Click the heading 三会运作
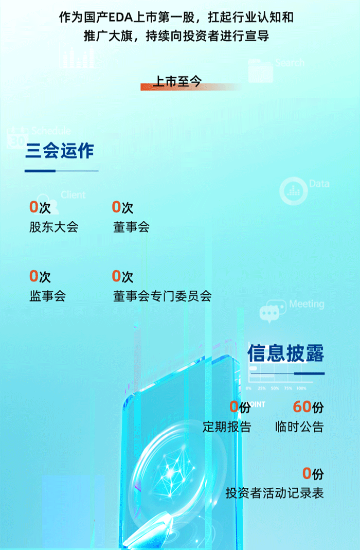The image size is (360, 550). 60,151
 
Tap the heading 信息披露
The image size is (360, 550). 286,353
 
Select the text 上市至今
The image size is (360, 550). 178,81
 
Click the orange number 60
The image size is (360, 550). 302,406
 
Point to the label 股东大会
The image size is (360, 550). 53,226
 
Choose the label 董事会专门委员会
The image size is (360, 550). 163,296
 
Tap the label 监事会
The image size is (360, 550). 47,296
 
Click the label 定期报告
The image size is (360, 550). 227,427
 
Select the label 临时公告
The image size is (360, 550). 299,427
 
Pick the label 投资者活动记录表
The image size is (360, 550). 275,493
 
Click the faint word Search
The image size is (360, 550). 290,63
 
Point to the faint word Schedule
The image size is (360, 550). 51,131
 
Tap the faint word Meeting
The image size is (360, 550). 307,304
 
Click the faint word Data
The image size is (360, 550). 319,184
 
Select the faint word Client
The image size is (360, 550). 73,194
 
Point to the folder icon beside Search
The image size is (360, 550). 260,70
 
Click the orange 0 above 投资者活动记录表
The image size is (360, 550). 307,473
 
